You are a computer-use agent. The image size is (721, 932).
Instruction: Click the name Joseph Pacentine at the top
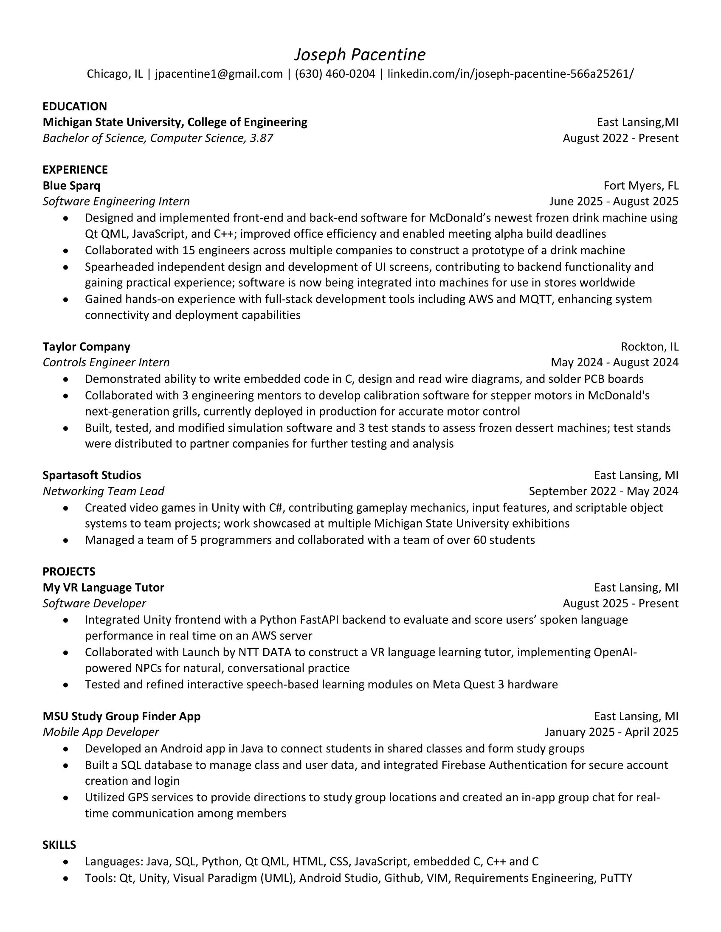click(x=360, y=55)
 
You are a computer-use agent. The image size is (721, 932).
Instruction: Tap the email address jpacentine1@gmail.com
click(x=219, y=74)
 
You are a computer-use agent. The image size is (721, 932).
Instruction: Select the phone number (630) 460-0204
click(x=335, y=74)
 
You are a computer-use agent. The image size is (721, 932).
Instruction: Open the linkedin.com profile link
click(x=510, y=74)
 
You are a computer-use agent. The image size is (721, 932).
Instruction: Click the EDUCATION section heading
click(x=75, y=106)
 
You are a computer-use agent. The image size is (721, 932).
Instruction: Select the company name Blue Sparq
click(x=71, y=185)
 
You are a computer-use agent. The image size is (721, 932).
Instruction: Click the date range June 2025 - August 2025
click(x=614, y=202)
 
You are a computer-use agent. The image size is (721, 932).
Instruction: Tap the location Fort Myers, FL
click(x=641, y=185)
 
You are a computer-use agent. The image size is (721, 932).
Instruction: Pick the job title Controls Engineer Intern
click(x=106, y=362)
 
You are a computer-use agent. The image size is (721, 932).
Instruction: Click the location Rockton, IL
click(x=649, y=346)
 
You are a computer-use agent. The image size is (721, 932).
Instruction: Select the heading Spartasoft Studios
click(x=92, y=475)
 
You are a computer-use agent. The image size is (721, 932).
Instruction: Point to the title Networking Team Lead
click(x=103, y=491)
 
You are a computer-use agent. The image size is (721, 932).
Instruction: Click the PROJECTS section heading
click(x=69, y=571)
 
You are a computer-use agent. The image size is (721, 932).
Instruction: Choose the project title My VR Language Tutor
click(x=103, y=588)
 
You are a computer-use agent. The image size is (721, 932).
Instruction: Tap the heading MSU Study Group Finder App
click(x=121, y=716)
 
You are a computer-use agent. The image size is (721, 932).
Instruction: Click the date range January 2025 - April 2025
click(x=611, y=732)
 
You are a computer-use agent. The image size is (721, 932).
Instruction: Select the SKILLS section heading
click(x=59, y=845)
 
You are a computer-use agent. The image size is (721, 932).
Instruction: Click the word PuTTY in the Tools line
click(x=616, y=878)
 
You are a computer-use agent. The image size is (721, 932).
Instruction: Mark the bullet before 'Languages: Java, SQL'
click(x=65, y=862)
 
